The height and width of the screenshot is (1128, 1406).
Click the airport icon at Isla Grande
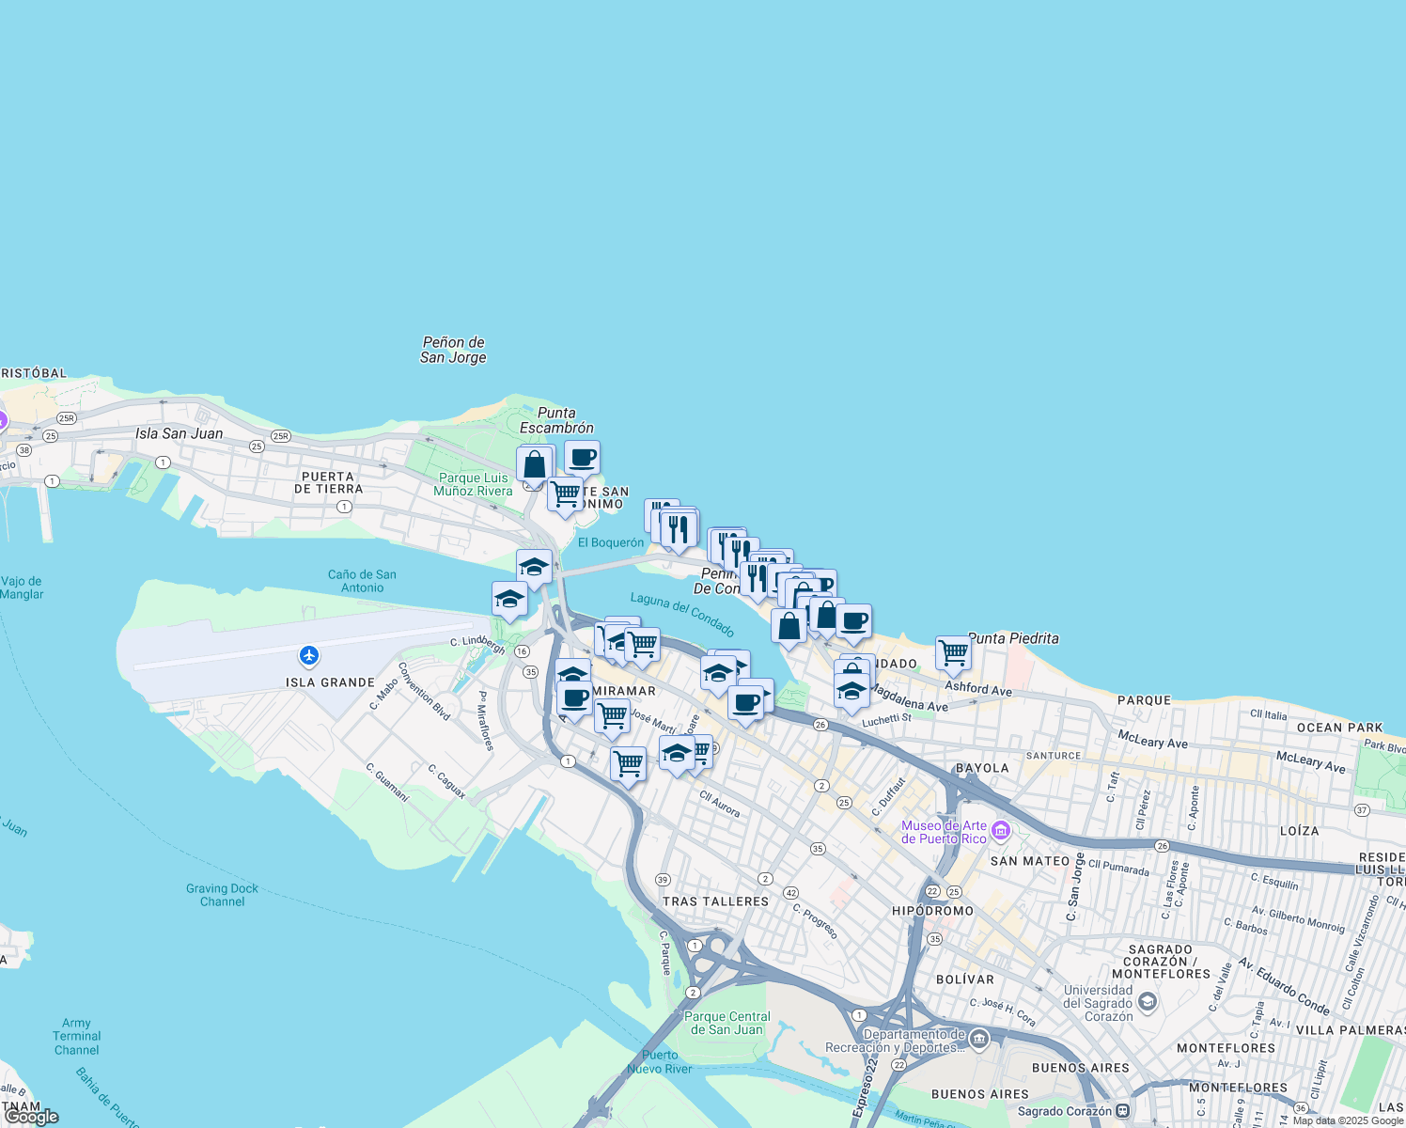coord(309,655)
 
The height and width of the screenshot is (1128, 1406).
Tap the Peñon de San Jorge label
coord(453,350)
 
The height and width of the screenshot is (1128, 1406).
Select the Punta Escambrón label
coord(556,420)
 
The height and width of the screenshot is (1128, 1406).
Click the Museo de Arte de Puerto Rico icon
coord(1000,831)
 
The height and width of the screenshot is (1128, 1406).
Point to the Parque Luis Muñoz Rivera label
coord(473,484)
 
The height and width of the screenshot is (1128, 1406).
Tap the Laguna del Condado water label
coord(682,614)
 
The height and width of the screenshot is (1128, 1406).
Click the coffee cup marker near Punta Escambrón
coord(582,458)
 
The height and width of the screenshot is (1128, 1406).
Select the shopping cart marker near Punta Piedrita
coord(953,652)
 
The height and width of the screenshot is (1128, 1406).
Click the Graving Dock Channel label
coord(222,895)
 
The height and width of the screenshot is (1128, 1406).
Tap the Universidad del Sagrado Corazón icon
coord(1147,1002)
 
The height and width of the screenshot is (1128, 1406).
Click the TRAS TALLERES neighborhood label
coord(715,901)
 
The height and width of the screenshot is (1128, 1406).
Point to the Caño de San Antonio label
coord(362,581)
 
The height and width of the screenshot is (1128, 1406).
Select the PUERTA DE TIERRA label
coord(328,482)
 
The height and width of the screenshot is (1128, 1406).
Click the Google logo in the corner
coord(31,1116)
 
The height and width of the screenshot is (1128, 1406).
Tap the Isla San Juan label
coord(180,433)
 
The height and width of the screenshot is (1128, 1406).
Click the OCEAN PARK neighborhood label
coord(1339,728)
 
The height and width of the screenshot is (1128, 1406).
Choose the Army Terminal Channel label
coord(76,1037)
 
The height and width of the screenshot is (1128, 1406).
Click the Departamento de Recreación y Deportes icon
coord(979,1039)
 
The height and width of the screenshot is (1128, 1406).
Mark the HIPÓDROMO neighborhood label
coord(932,911)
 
